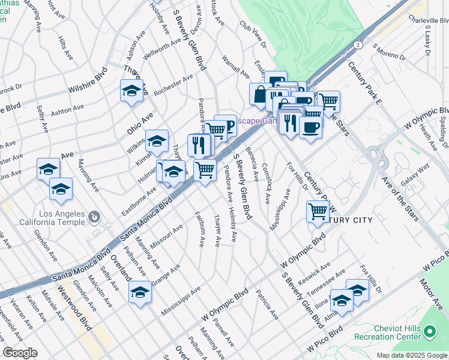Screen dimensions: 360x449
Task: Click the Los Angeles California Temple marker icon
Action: pyautogui.click(x=94, y=216)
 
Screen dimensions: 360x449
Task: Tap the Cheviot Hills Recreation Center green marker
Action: pyautogui.click(x=429, y=331)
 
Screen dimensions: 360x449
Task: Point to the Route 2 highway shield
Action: pyautogui.click(x=357, y=45)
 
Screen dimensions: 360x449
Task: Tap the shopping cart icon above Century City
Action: pyautogui.click(x=317, y=211)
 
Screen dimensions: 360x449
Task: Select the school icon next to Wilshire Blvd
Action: pyautogui.click(x=130, y=91)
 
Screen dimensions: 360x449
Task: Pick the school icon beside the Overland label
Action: pyautogui.click(x=140, y=292)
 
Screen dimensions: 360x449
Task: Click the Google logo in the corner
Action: pyautogui.click(x=19, y=353)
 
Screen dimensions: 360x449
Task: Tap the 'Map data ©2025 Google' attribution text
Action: pyautogui.click(x=411, y=355)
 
